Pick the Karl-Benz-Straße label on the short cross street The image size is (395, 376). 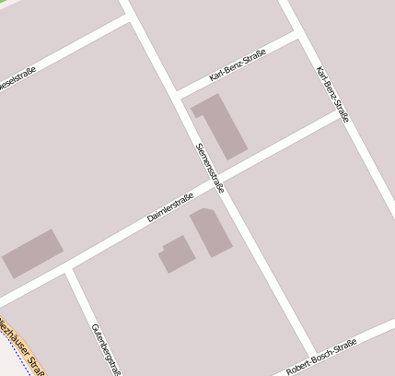[238, 65]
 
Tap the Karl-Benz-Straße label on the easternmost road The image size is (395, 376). [331, 95]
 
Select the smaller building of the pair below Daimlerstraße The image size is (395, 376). [175, 253]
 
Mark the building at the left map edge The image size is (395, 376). [32, 253]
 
